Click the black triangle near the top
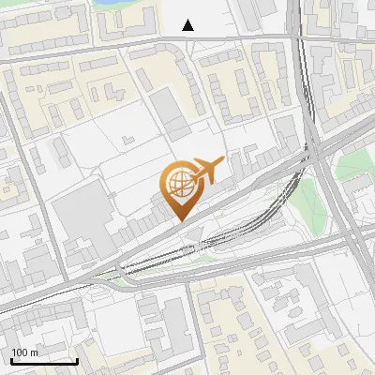(188, 25)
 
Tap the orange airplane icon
(206, 172)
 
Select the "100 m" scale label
(24, 352)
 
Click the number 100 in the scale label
(20, 352)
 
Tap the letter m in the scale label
(34, 352)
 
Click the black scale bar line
(43, 361)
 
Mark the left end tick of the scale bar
(10, 359)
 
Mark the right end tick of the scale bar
(77, 359)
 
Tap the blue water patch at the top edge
(113, 4)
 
